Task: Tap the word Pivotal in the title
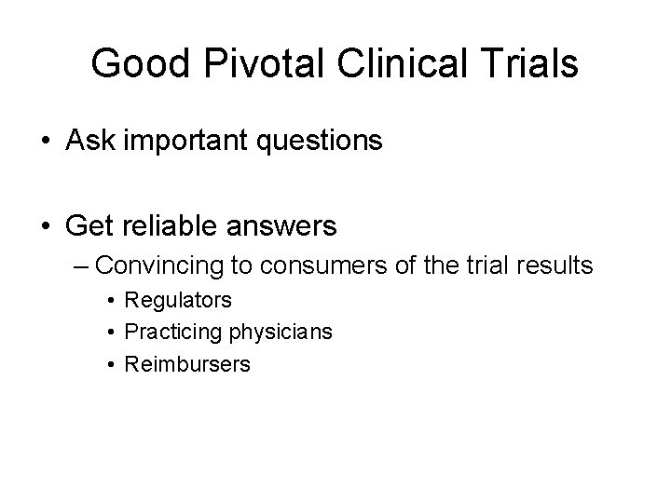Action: tap(246, 64)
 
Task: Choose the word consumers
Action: tap(309, 266)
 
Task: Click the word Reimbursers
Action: tap(187, 364)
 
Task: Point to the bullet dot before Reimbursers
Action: tap(110, 364)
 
